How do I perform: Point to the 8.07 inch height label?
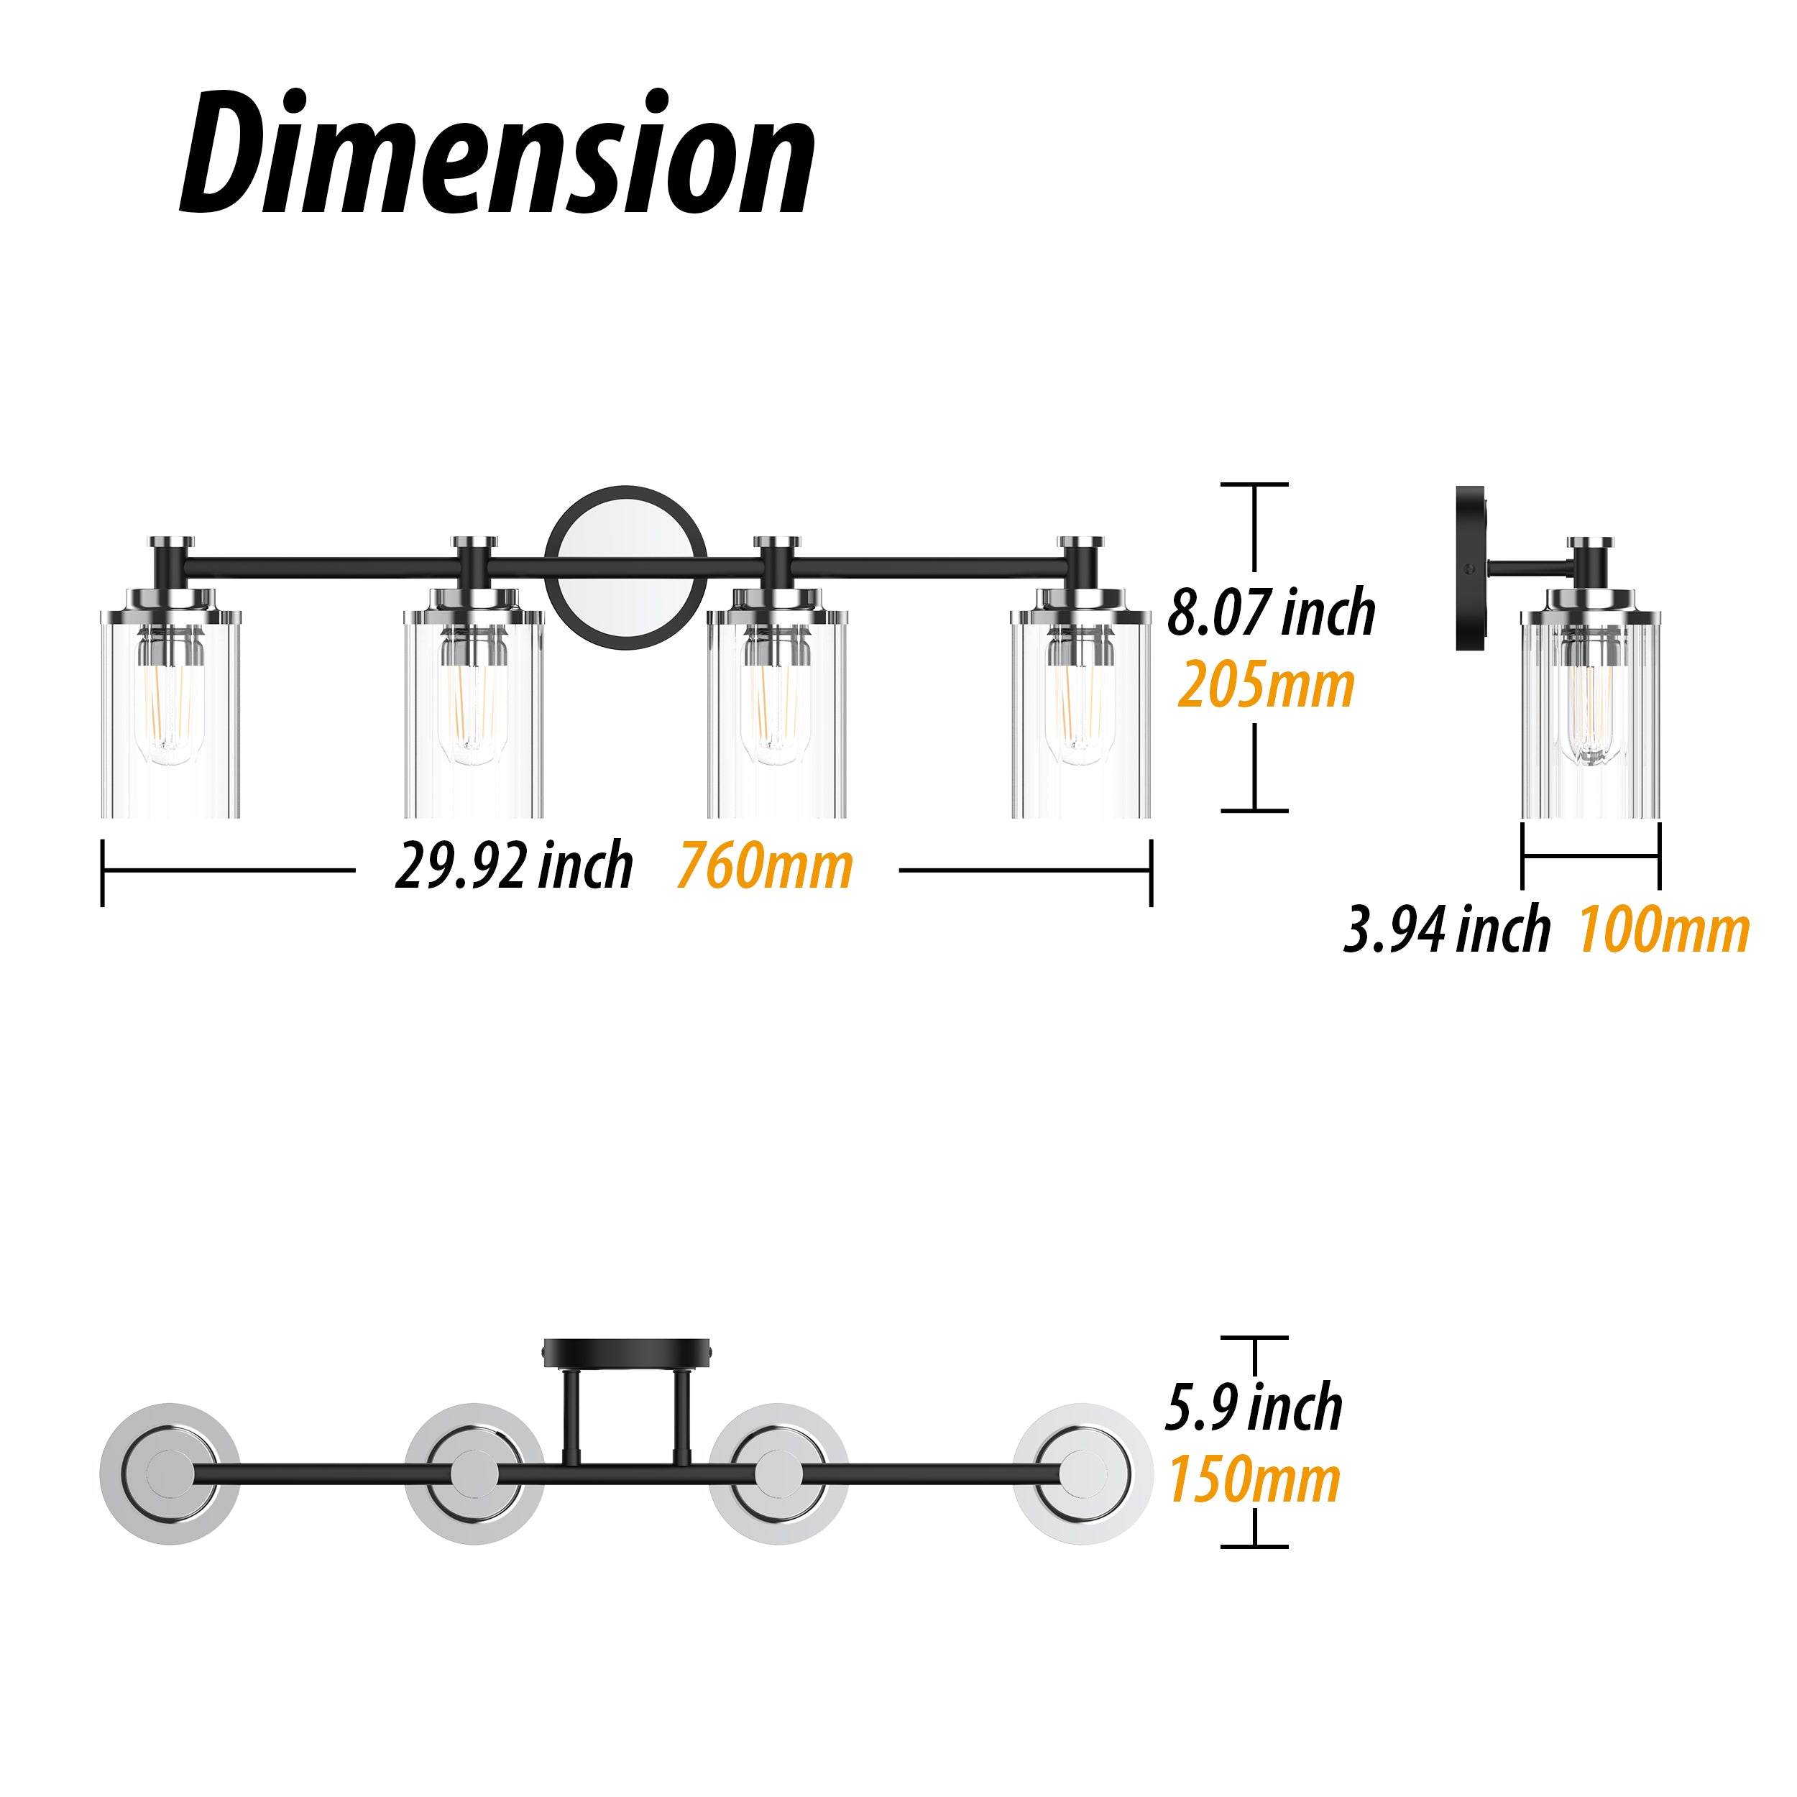tap(1272, 613)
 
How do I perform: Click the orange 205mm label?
tap(1266, 686)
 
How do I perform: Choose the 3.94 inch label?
tap(1447, 929)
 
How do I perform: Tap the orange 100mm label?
tap(1664, 929)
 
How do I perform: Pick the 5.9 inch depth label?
tap(1254, 1408)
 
